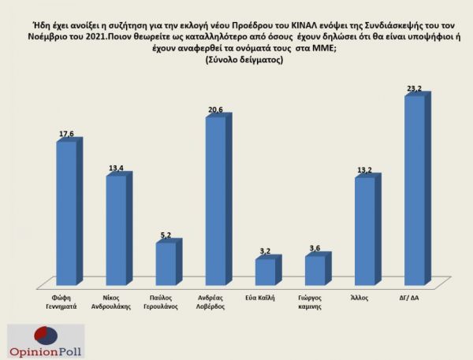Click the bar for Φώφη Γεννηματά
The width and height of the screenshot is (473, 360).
coord(66,213)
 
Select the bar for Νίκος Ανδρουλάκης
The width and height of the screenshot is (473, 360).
coord(116,229)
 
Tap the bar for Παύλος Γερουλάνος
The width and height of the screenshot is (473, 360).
coord(166,263)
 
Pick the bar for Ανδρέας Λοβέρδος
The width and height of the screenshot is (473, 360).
coord(215,201)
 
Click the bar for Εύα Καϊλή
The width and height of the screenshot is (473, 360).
coord(265,271)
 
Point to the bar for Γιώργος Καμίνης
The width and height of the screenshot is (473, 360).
coord(315,269)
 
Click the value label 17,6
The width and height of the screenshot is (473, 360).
coord(66,134)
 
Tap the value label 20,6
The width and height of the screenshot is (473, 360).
coord(216,109)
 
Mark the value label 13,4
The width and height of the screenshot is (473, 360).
coord(117,168)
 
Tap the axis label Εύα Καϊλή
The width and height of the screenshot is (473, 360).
coord(265,299)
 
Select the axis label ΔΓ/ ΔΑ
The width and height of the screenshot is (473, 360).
coord(414,299)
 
